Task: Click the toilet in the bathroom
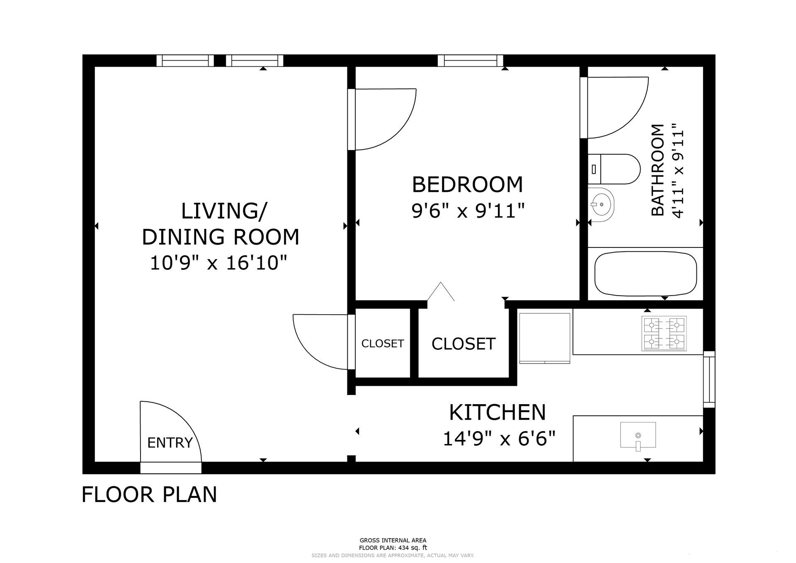click(614, 169)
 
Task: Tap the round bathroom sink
click(601, 205)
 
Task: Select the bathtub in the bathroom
click(646, 274)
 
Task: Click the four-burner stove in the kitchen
click(664, 333)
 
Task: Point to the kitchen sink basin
click(638, 435)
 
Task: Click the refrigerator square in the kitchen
click(545, 338)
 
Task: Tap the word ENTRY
click(170, 443)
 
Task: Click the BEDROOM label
click(467, 184)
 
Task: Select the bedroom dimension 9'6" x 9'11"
click(468, 211)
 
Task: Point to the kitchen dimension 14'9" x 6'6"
click(499, 438)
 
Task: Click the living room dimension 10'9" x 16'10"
click(218, 263)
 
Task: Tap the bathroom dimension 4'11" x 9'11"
click(678, 170)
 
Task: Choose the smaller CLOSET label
click(383, 344)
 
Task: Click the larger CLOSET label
click(464, 344)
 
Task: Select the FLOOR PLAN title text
click(149, 494)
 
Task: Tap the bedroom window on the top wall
click(471, 61)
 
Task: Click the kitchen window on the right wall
click(709, 379)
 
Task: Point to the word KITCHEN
click(498, 412)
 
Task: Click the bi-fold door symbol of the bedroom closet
click(441, 291)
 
